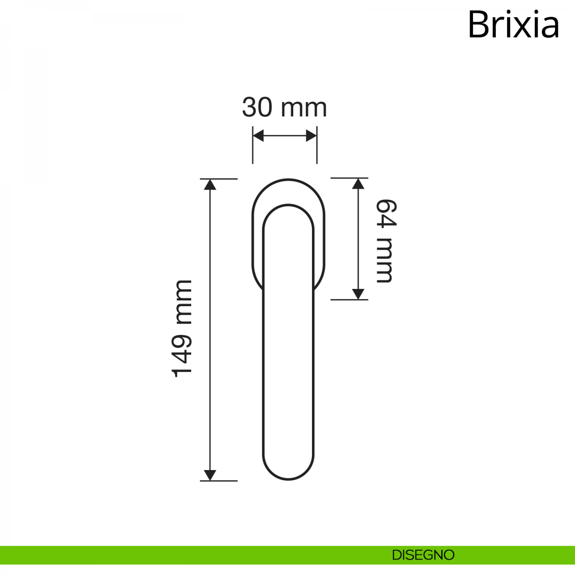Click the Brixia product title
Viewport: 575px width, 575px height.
pyautogui.click(x=513, y=24)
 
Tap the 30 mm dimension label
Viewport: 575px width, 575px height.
pyautogui.click(x=284, y=107)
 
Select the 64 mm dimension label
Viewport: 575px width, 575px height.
pyautogui.click(x=386, y=241)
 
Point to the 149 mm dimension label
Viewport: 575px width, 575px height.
pyautogui.click(x=182, y=329)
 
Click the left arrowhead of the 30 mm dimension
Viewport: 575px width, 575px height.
pyautogui.click(x=258, y=136)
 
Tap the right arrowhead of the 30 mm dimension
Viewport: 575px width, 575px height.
pyautogui.click(x=311, y=136)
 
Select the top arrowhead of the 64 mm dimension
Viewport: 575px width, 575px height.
pyautogui.click(x=358, y=184)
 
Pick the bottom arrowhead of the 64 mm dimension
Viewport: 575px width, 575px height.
pyautogui.click(x=358, y=294)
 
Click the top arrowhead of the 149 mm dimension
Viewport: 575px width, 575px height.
pyautogui.click(x=210, y=184)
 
